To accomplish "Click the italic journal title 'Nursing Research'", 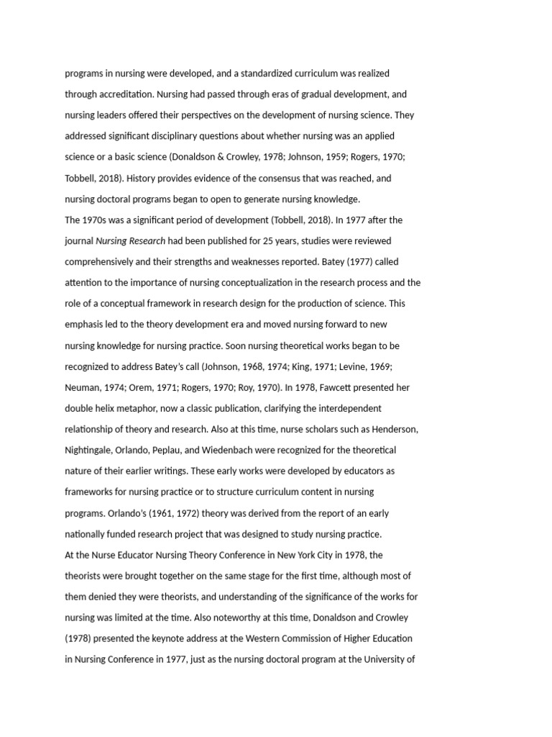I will [131, 241].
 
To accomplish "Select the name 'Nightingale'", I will [88, 450].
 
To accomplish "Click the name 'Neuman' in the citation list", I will [82, 387].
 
